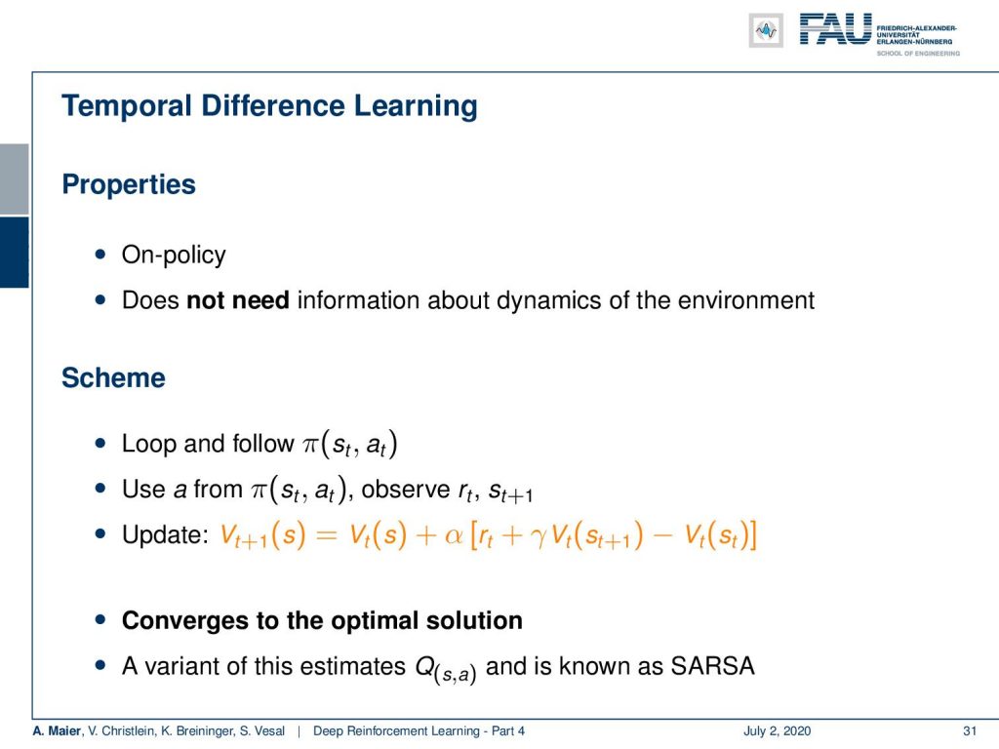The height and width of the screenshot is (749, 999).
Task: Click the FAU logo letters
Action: point(835,29)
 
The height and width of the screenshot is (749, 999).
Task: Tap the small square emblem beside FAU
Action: point(766,30)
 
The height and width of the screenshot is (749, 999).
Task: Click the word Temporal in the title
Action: point(126,106)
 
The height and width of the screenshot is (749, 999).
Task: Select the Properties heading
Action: point(129,184)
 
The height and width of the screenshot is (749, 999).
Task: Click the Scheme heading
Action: point(113,377)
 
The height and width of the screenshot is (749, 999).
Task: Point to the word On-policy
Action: point(174,255)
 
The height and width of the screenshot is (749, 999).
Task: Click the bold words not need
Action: point(238,300)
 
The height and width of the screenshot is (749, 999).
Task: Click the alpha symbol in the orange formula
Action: point(454,536)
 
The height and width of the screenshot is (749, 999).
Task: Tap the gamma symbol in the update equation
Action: point(539,538)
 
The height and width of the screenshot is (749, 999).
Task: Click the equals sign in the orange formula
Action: point(326,535)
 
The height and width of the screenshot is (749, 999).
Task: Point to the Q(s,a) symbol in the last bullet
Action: point(445,669)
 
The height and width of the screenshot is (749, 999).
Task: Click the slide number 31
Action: point(970,731)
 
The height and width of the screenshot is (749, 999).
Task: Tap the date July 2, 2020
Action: point(777,731)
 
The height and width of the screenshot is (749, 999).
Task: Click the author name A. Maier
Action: point(57,731)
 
